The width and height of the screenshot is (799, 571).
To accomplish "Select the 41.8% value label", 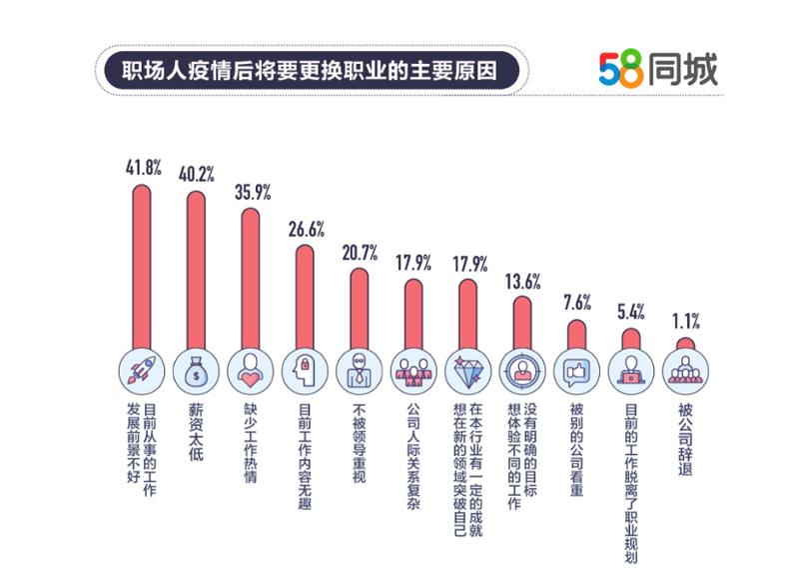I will [140, 167].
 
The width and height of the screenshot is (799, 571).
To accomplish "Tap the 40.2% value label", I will [195, 173].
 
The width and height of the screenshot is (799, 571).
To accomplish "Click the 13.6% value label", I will [522, 281].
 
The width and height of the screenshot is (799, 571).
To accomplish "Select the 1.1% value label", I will [685, 321].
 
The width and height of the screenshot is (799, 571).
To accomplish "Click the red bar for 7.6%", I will [576, 334].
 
